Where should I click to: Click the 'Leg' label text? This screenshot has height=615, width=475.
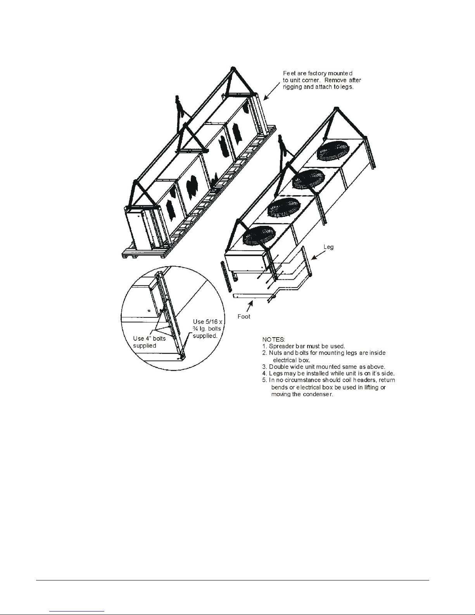pos(328,247)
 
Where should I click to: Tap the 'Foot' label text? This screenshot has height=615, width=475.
pos(244,316)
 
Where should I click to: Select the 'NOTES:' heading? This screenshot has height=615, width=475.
pos(274,340)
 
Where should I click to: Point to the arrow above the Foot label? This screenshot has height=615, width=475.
pos(249,307)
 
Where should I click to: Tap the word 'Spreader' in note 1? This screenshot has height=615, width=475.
pos(281,346)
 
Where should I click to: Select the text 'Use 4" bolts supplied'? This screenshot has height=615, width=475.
pos(149,342)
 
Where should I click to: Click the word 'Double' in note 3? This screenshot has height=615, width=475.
pos(278,367)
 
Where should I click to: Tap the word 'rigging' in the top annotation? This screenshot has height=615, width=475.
pos(292,87)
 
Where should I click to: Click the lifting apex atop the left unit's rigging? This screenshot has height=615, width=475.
pos(233,69)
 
